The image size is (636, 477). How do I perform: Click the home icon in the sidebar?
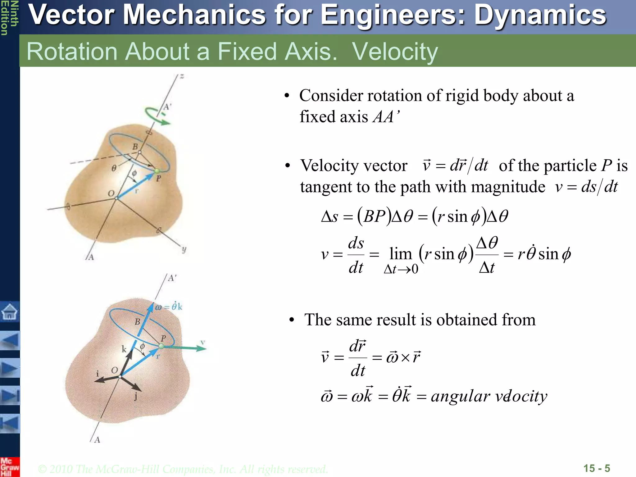click(x=9, y=311)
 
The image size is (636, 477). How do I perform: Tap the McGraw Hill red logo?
click(x=9, y=467)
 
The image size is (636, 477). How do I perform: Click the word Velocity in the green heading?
click(x=395, y=52)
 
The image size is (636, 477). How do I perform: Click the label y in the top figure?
click(x=184, y=249)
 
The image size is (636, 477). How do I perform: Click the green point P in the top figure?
click(x=157, y=171)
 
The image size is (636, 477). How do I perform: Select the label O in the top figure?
click(x=111, y=193)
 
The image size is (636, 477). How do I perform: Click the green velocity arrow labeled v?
click(x=186, y=348)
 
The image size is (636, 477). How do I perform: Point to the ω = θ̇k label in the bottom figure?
click(x=169, y=307)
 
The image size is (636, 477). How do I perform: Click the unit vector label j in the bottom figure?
click(x=136, y=397)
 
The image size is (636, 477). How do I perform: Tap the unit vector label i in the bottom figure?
click(x=98, y=374)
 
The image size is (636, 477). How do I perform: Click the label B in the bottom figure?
click(x=137, y=322)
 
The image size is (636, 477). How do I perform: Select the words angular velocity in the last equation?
click(x=489, y=397)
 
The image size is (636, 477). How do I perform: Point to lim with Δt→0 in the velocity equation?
click(x=401, y=259)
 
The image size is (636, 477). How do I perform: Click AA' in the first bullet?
click(x=386, y=117)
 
